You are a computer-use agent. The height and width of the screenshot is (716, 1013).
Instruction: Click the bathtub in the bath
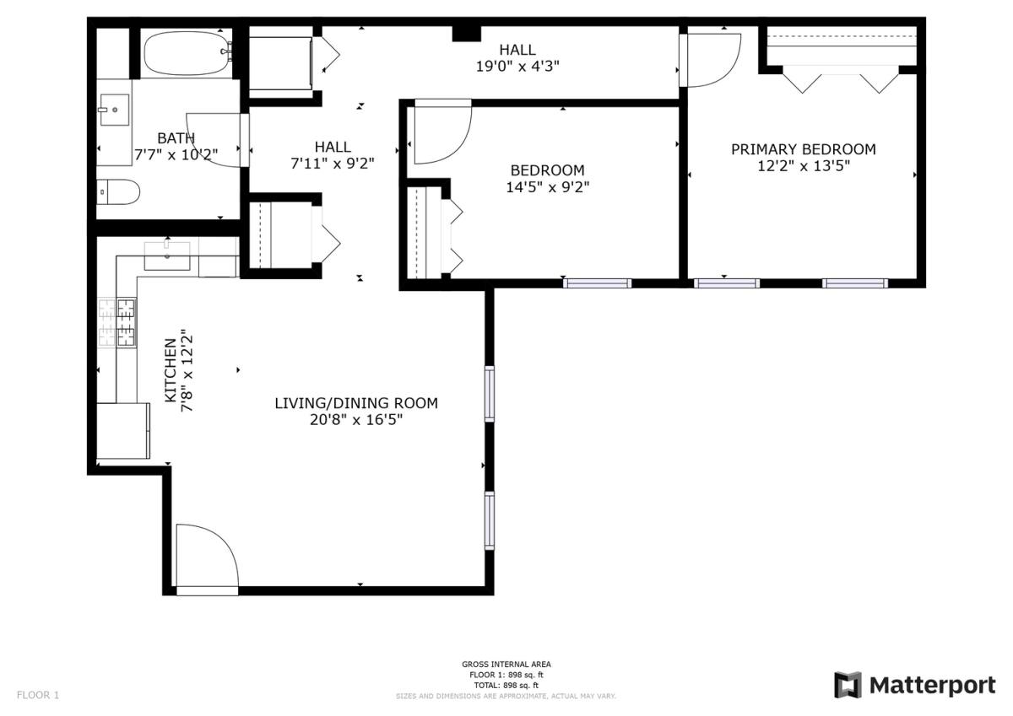[x=187, y=53]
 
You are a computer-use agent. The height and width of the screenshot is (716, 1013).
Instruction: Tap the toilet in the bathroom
[x=118, y=192]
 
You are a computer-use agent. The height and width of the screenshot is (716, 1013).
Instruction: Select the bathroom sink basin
[x=115, y=110]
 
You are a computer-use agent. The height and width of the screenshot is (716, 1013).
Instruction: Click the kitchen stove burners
[x=117, y=323]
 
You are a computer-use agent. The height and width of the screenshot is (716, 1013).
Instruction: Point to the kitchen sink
[x=167, y=256]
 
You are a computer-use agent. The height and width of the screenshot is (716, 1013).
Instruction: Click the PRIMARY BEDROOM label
[x=803, y=149]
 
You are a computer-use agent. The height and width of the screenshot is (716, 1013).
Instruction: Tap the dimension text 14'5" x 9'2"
[x=547, y=187]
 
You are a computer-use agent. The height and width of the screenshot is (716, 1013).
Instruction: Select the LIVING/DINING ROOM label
[x=356, y=403]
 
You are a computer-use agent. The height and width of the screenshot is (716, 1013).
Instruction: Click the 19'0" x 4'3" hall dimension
[x=517, y=67]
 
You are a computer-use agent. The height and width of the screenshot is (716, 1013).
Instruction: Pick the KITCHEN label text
[x=171, y=370]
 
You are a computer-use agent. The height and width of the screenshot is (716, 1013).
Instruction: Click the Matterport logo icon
[x=848, y=685]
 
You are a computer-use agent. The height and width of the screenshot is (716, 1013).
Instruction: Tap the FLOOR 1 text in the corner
[x=38, y=695]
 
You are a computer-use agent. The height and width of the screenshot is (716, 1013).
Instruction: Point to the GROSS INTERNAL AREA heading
[x=506, y=664]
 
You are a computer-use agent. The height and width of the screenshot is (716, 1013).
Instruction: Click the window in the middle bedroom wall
[x=598, y=283]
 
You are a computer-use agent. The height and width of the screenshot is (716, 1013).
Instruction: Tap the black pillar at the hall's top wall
[x=467, y=34]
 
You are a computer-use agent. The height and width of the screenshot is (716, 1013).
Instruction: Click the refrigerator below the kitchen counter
[x=123, y=431]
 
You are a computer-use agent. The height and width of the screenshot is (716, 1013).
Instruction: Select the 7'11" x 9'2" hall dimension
[x=333, y=164]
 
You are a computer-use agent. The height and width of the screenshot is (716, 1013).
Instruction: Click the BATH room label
[x=176, y=137]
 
